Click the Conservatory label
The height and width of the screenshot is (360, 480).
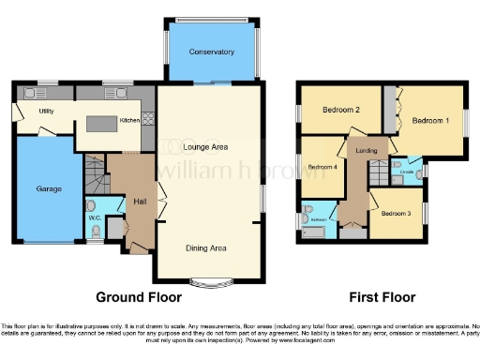[210, 52]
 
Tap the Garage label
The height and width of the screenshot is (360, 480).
[49, 188]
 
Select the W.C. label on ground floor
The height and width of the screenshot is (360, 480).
[95, 218]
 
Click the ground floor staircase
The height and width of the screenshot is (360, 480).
[93, 174]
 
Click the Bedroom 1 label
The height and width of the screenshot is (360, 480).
[431, 121]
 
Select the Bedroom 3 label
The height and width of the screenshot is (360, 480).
[396, 213]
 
